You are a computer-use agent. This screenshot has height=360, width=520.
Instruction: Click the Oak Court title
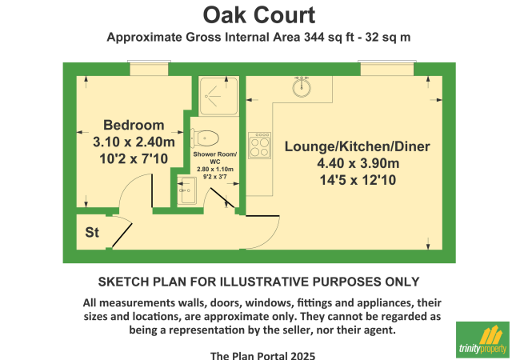coord(259,15)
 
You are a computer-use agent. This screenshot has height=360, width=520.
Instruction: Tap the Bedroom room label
coord(134,125)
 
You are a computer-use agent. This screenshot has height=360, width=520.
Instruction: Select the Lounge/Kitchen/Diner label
coord(357,146)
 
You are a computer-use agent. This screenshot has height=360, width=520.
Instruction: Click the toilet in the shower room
coord(204,138)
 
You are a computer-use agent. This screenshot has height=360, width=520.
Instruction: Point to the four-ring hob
coord(260,145)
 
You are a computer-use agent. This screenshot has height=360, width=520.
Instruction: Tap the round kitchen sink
coord(302,87)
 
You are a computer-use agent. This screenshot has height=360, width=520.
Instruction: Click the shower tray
coord(218,96)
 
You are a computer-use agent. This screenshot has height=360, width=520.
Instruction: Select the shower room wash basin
coord(186,190)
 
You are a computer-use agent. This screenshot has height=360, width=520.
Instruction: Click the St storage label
coord(92,232)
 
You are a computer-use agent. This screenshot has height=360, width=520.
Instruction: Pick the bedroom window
coord(149,68)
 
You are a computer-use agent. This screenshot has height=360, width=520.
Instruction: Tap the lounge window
coord(387,68)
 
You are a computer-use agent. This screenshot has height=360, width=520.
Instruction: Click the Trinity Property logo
coord(482,339)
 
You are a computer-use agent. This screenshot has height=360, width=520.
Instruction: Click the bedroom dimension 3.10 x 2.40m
coord(134,142)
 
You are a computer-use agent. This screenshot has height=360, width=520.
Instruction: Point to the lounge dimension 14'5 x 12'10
coord(358,180)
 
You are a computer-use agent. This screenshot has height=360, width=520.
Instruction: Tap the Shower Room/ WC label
coord(215,158)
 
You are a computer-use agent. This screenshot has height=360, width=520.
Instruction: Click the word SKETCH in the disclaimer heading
coord(124,282)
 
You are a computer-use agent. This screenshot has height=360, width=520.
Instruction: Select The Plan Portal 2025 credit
coord(262,356)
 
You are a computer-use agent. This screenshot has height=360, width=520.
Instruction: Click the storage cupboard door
coord(122,235)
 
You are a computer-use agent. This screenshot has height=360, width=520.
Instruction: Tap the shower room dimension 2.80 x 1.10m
coord(215,170)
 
